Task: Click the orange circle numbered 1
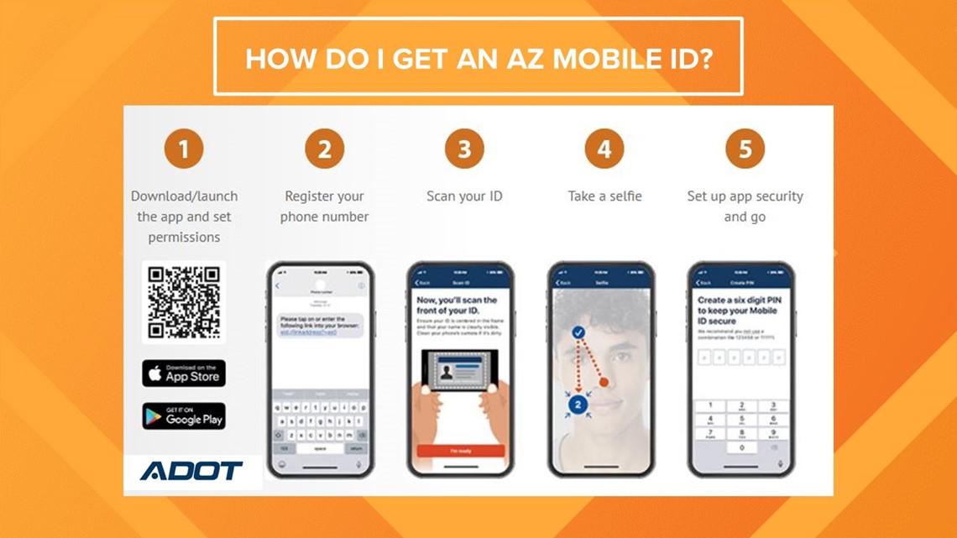184,150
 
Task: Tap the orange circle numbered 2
324,150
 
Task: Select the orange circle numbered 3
464,150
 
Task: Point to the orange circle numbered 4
604,150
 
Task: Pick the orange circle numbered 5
745,150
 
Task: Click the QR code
184,301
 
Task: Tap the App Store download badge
184,373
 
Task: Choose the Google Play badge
184,416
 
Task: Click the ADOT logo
191,471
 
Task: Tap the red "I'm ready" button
461,451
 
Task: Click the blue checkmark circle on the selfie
578,333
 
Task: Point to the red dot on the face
604,383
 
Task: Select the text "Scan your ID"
464,196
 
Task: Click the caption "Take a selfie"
604,196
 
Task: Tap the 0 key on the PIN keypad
741,447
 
